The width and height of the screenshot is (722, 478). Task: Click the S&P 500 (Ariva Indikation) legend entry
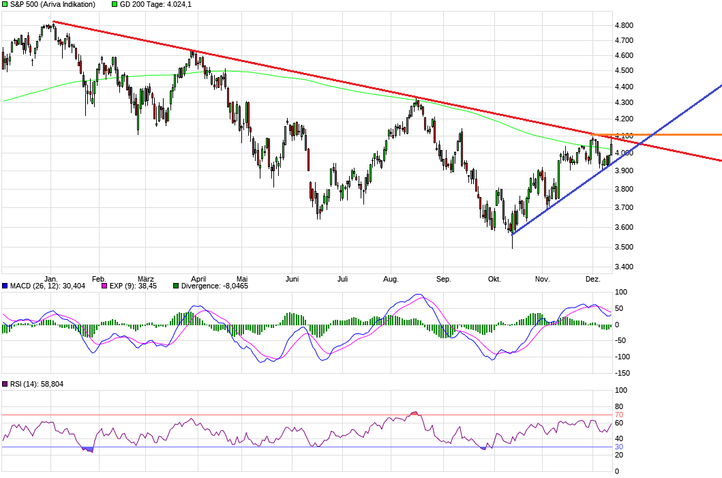[x=52, y=4]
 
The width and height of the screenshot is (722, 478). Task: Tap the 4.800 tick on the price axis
[x=625, y=25]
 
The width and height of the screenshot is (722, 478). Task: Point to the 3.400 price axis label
[x=625, y=267]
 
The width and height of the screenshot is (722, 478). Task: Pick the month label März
[x=146, y=279]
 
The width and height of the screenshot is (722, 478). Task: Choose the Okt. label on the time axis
[x=494, y=279]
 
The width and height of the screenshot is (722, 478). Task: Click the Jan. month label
[x=50, y=279]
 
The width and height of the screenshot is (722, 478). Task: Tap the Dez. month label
[x=593, y=279]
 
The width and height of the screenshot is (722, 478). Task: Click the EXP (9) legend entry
[x=133, y=286]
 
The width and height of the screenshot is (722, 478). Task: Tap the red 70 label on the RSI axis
[x=619, y=415]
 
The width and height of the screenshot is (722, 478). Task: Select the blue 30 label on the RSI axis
[x=619, y=447]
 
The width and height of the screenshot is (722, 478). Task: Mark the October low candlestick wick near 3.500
[x=512, y=243]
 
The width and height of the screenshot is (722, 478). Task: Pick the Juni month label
[x=292, y=279]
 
